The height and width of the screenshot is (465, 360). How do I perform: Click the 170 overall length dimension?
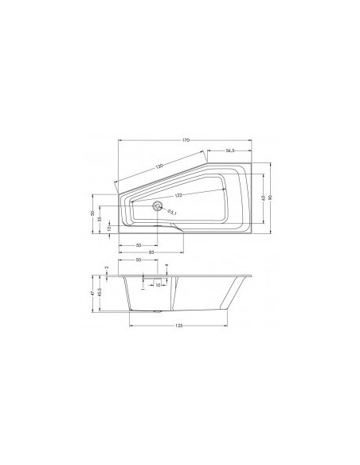[186, 141]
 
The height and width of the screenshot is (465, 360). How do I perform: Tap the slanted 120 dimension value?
[160, 166]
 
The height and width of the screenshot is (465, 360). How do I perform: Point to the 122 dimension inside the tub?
[178, 195]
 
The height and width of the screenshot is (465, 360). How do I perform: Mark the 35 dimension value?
[100, 220]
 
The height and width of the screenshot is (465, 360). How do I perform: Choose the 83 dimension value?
[151, 252]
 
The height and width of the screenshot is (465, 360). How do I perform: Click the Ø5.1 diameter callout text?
[173, 211]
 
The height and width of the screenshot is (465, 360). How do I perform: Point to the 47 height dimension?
[92, 292]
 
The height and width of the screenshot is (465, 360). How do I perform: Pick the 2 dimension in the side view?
[106, 268]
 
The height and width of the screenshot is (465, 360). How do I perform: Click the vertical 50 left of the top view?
[92, 213]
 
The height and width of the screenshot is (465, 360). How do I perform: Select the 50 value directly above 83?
[139, 244]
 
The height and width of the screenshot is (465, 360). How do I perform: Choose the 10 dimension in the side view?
[158, 284]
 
